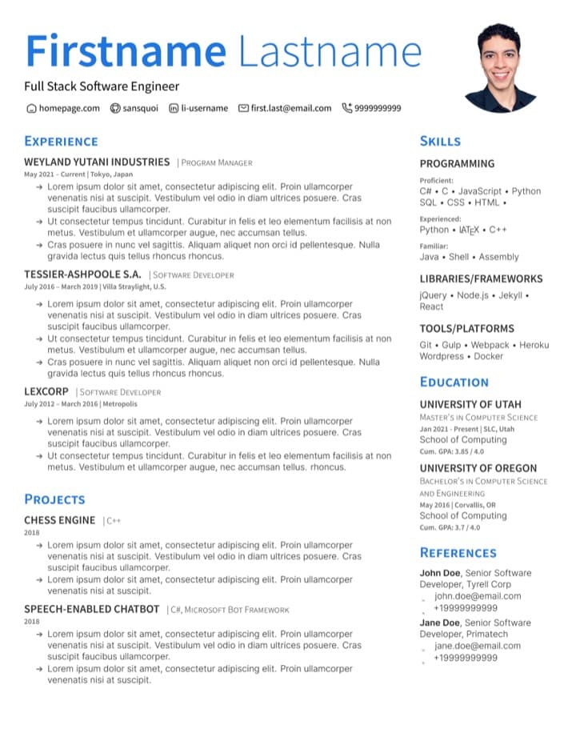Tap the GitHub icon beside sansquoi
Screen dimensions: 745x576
115,108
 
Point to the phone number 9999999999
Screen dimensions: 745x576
378,108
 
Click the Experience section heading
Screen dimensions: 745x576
61,142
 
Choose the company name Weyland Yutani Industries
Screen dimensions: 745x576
97,162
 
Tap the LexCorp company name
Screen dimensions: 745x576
46,391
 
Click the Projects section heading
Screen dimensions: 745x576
54,499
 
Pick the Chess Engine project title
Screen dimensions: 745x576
59,520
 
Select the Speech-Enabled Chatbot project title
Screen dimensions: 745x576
91,609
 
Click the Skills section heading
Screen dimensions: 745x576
440,142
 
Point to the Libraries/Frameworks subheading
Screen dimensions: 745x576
481,279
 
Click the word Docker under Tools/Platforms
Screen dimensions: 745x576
489,356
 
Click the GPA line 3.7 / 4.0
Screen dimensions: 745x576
450,527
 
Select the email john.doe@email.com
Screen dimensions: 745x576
478,596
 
